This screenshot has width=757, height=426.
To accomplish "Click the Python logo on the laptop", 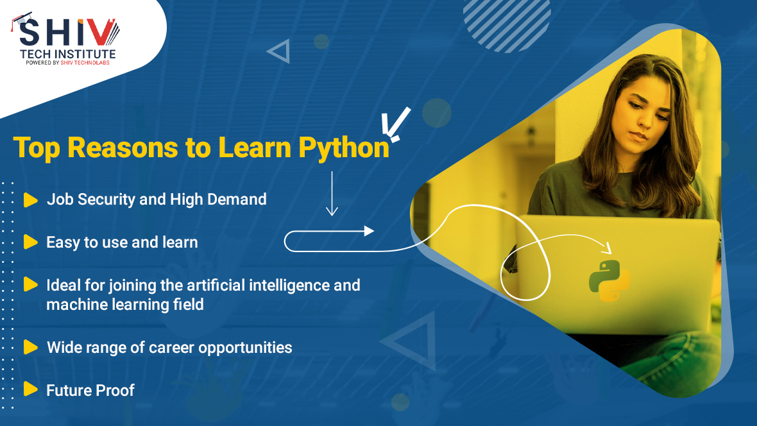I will (609, 281).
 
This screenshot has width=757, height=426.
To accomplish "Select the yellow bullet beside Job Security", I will (30, 200).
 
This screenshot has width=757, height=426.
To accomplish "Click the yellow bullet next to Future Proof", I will (30, 389).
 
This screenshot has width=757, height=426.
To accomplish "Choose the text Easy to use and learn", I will (122, 242).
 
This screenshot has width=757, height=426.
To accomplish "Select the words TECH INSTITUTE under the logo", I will (67, 54).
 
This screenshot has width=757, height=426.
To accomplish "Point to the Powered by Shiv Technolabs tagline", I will (67, 63).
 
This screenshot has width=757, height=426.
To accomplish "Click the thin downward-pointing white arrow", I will (332, 192).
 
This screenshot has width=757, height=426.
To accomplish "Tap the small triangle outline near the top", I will (280, 51).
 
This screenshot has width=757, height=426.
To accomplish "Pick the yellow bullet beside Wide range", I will (30, 347).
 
